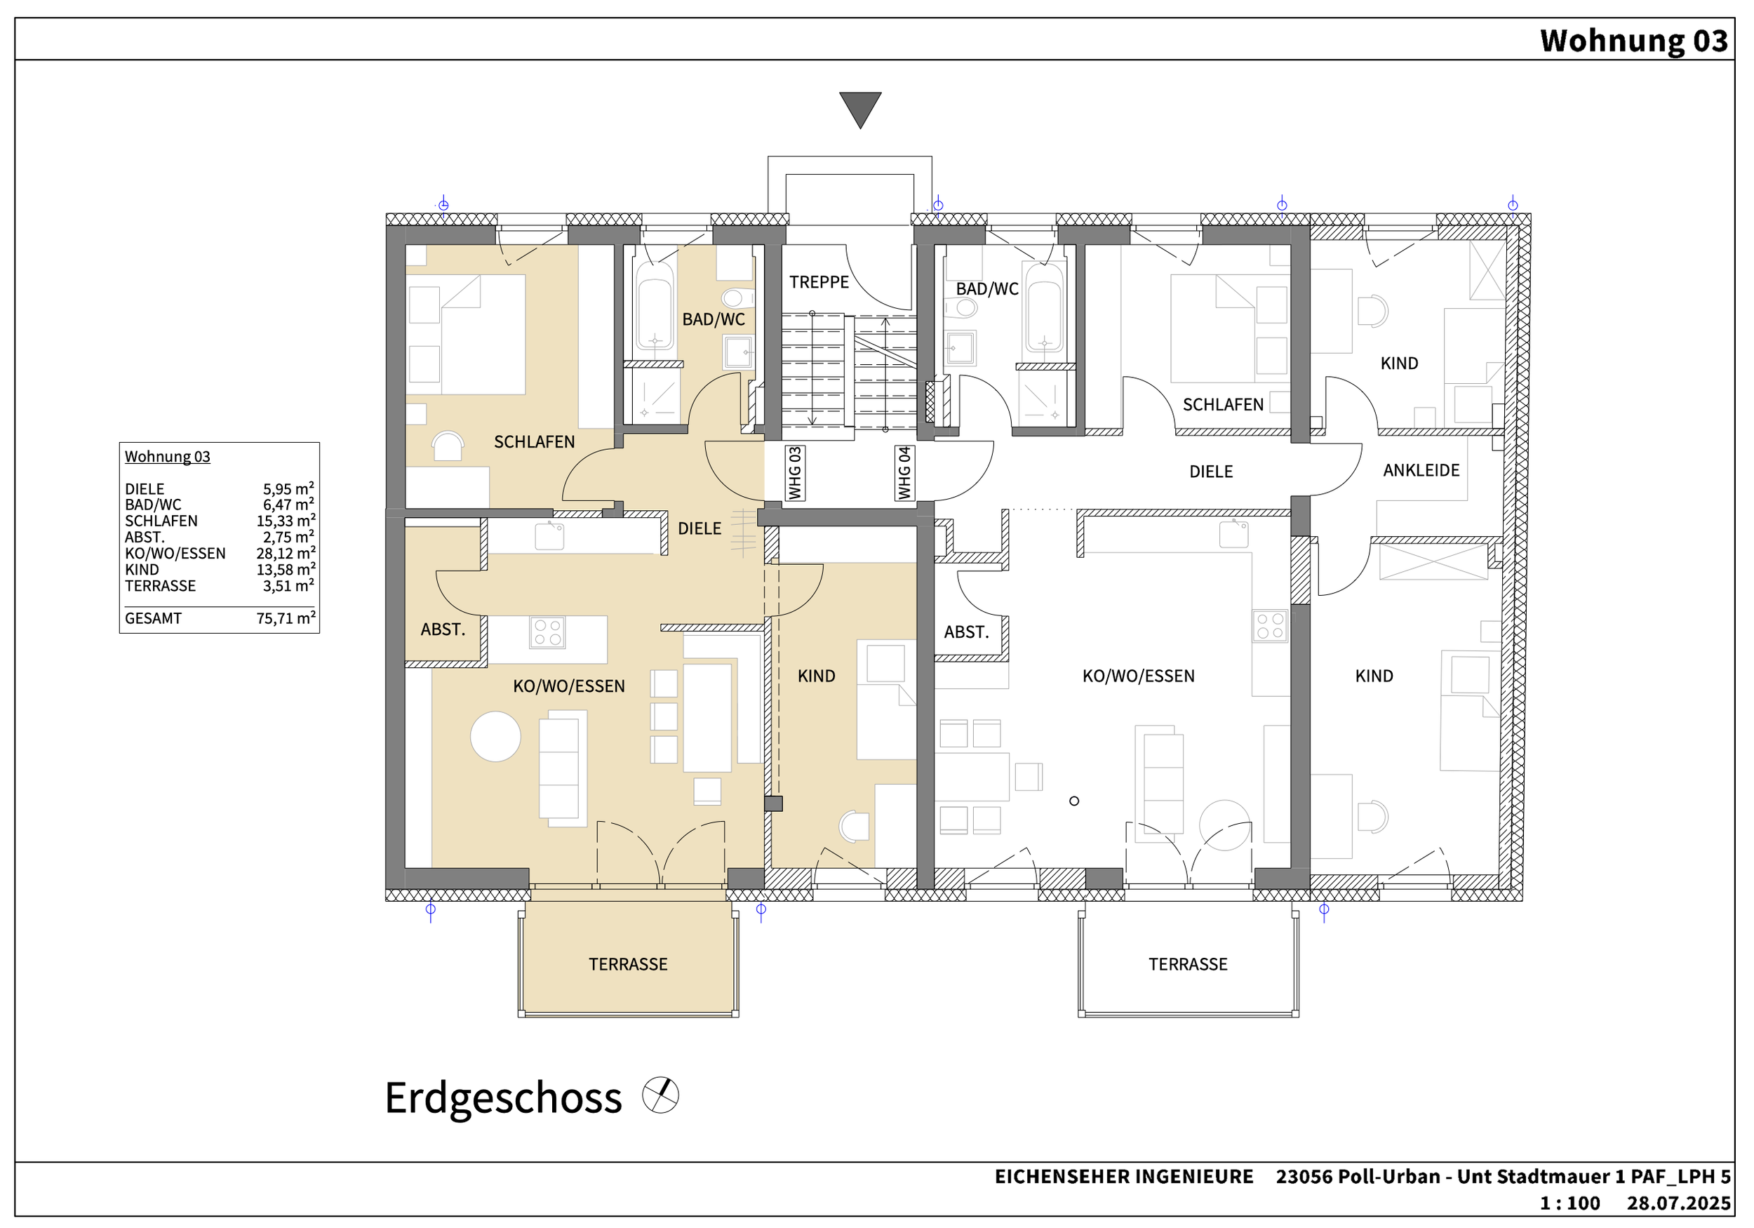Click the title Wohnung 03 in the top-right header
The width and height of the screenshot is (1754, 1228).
click(x=1633, y=41)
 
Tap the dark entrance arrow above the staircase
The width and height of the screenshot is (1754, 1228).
click(x=860, y=109)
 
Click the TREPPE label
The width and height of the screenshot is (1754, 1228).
click(x=819, y=282)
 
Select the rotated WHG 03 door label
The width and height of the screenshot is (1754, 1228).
click(x=794, y=473)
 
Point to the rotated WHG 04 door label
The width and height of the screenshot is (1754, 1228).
click(x=904, y=473)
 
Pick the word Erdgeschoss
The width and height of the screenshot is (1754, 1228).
click(x=504, y=1098)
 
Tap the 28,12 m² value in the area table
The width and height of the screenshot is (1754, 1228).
click(x=286, y=552)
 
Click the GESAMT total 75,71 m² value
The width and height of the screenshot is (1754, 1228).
click(x=286, y=618)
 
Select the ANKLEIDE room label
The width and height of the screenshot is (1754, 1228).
click(x=1421, y=470)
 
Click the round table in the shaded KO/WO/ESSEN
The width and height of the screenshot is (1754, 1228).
click(x=495, y=737)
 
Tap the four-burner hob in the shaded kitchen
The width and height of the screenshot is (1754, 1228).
click(x=547, y=633)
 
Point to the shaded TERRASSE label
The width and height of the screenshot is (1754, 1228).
click(x=628, y=964)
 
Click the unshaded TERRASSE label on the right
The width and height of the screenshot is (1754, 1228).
click(x=1188, y=964)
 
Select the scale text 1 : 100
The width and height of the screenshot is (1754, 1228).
click(x=1570, y=1203)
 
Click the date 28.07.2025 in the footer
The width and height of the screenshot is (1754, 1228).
click(x=1678, y=1203)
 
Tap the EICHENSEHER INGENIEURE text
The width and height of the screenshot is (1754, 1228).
click(x=1124, y=1176)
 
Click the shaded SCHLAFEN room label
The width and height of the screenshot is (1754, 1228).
click(x=534, y=441)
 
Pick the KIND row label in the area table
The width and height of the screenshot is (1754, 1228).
click(x=142, y=569)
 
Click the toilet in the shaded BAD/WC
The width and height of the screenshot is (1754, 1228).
click(x=732, y=298)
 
